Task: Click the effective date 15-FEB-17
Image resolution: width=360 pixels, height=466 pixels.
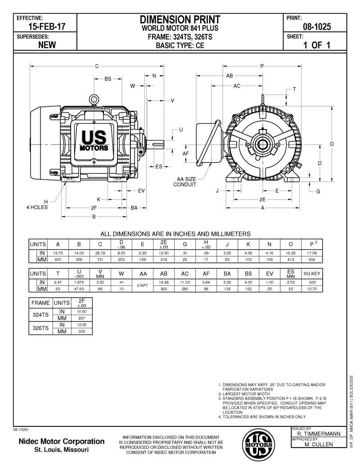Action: tap(47, 27)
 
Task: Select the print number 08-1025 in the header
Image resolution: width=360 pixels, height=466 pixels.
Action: tap(317, 27)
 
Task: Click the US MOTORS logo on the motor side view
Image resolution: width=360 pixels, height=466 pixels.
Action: tap(94, 140)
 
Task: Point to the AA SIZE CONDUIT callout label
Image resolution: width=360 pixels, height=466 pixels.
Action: tap(185, 182)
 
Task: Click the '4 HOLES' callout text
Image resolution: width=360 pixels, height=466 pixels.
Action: tap(37, 207)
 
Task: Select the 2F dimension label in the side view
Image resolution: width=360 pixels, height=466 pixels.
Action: tap(94, 208)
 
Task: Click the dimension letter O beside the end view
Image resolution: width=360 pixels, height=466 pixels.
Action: tap(332, 144)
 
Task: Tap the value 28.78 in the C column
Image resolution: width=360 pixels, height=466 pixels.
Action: tap(100, 253)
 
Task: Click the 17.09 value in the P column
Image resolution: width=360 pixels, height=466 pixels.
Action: tap(312, 253)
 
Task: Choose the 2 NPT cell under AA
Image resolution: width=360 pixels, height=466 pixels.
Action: tap(143, 285)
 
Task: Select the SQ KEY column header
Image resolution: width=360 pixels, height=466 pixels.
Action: tap(312, 273)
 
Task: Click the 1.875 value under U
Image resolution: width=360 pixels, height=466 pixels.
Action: tap(79, 282)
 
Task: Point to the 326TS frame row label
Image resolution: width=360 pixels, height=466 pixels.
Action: tap(40, 328)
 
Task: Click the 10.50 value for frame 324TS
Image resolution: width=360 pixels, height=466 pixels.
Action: tap(81, 312)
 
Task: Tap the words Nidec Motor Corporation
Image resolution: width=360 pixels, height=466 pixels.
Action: tap(61, 441)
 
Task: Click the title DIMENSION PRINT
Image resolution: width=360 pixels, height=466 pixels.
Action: tap(180, 19)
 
